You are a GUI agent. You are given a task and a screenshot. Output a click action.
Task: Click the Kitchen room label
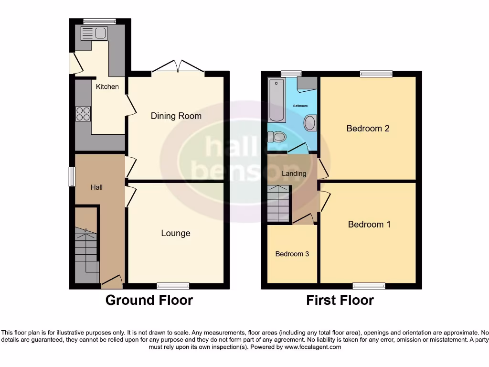(x=107, y=86)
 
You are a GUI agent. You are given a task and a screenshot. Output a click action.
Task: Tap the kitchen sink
(x=94, y=33)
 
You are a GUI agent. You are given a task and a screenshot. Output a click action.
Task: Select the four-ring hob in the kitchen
(x=83, y=114)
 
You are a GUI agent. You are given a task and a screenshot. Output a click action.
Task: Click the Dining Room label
(x=176, y=116)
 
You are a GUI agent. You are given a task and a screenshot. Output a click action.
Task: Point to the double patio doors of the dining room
(x=178, y=67)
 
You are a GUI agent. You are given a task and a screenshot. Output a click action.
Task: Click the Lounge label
(x=175, y=233)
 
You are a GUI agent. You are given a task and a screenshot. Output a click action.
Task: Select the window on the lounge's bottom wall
(x=173, y=286)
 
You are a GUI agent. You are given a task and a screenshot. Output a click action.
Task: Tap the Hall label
(x=96, y=187)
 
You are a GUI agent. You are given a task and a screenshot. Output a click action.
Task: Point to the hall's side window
(x=72, y=176)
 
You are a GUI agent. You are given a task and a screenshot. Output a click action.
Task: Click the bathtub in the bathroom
(x=276, y=101)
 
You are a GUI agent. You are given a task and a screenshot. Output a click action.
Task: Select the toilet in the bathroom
(x=276, y=138)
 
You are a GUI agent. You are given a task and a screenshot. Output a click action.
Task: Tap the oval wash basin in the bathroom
(x=309, y=123)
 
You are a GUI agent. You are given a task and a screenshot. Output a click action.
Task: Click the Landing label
(x=294, y=173)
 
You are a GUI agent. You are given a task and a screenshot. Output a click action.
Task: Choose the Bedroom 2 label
(x=368, y=128)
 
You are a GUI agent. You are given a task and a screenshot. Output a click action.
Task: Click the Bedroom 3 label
(x=292, y=254)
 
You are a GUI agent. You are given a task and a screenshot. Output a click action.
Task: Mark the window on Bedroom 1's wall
(x=369, y=286)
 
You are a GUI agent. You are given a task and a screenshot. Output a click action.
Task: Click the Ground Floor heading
(x=149, y=300)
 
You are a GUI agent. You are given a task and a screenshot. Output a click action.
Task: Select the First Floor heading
(x=340, y=300)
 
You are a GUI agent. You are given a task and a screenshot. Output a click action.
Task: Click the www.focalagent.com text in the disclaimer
(x=312, y=347)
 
